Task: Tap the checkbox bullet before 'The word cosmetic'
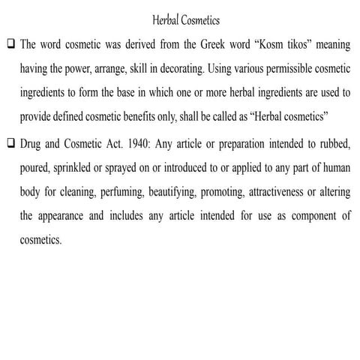8,44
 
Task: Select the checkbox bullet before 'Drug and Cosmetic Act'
8,142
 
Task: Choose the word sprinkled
74,167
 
